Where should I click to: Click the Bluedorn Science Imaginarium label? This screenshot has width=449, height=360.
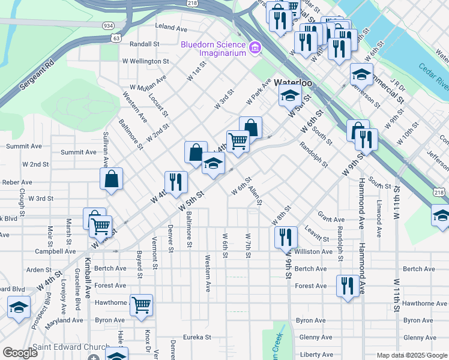214,49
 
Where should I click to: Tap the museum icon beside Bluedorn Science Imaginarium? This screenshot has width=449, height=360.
255,47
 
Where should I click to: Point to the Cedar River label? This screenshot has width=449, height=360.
433,76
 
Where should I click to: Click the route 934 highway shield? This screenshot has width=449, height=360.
108,26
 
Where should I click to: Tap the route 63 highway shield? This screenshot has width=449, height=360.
116,37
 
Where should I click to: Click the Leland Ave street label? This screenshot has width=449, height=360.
172,27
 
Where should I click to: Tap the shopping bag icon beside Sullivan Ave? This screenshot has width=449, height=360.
112,179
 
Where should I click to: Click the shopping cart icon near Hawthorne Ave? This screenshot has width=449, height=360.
142,305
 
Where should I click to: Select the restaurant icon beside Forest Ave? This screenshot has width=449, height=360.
348,285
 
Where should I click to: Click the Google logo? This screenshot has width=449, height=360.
20,353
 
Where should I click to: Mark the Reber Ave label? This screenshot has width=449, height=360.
17,182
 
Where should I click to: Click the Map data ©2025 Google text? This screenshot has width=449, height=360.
412,355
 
